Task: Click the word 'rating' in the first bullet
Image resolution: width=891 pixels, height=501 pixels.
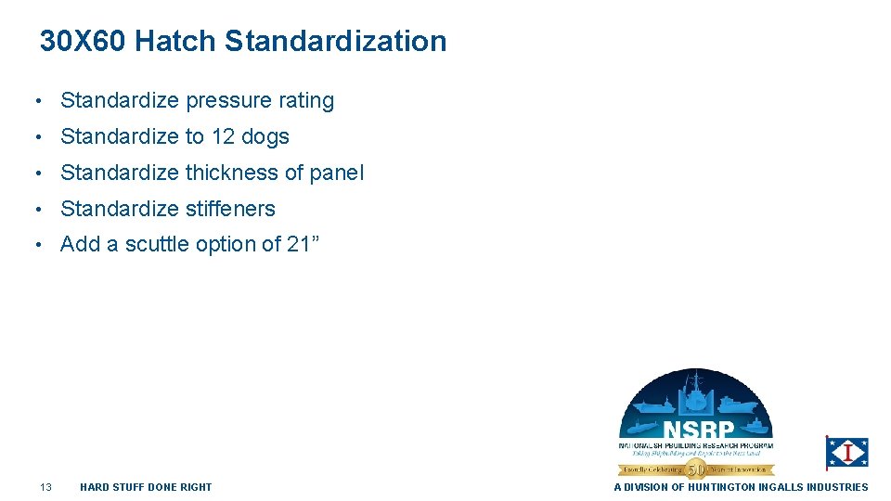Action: point(306,101)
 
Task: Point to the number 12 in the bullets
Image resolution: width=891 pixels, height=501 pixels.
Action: point(223,137)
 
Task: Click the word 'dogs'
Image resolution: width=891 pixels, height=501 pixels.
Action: point(265,137)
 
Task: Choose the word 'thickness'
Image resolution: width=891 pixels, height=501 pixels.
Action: point(231,173)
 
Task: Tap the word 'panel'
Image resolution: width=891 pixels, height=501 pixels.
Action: point(336,173)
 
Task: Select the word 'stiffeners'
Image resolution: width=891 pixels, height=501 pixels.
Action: point(230,210)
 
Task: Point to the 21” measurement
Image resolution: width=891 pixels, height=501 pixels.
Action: point(303,245)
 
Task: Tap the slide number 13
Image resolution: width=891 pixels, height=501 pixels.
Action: point(46,487)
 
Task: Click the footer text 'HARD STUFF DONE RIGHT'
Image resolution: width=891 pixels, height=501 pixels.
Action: point(146,487)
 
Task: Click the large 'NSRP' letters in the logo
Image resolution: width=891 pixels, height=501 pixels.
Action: point(698,431)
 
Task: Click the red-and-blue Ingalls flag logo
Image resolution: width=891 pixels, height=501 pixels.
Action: point(846,453)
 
